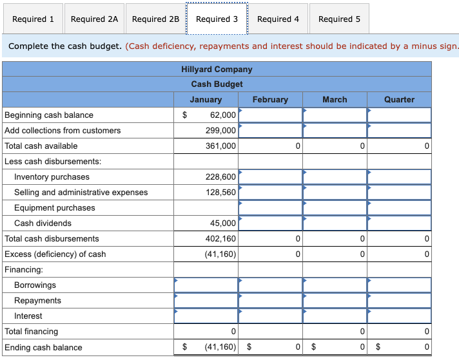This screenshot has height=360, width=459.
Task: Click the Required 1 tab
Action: point(33,19)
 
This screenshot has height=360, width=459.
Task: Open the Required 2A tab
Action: point(94,19)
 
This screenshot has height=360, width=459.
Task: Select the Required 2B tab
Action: point(155,19)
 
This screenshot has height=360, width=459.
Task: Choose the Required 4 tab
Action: point(278,19)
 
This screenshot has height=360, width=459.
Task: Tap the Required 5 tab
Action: point(339,19)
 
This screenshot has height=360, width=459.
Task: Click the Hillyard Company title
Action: point(217,69)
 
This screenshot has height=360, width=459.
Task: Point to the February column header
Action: point(270,99)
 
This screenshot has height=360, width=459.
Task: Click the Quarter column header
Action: point(399,99)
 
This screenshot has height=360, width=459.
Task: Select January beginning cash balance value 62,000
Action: point(222,115)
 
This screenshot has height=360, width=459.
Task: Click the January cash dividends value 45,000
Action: point(222,223)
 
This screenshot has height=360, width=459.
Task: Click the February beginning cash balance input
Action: point(270,115)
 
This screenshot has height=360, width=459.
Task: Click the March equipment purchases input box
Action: point(335,207)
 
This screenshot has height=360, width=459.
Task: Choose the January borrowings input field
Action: point(206,285)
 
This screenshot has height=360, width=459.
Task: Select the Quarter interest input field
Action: point(399,316)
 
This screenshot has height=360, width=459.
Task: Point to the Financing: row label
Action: point(24,269)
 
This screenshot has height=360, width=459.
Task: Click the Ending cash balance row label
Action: point(43,347)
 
